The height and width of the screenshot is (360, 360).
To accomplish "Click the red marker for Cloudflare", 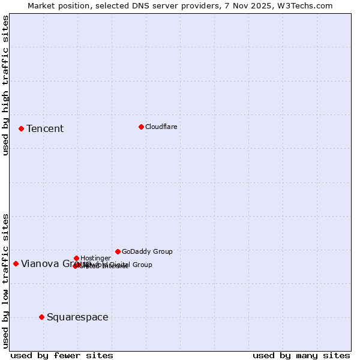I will click(x=141, y=127).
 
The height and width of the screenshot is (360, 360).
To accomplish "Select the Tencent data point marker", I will click(x=21, y=128).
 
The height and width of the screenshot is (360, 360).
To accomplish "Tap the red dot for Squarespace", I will click(x=41, y=317).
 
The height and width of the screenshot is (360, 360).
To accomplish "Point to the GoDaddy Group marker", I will click(x=118, y=251).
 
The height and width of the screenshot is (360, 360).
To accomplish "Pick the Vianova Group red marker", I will click(x=16, y=263).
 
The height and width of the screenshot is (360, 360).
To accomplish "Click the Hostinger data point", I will click(x=76, y=258).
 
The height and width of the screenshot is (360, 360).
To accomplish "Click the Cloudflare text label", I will click(x=161, y=127).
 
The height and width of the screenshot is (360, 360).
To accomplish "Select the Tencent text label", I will click(x=45, y=128).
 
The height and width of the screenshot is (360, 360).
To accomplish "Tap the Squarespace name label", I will click(x=77, y=317).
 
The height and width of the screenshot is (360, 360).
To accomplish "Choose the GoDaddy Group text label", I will click(x=147, y=251).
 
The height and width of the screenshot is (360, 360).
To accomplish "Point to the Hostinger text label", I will click(x=95, y=258).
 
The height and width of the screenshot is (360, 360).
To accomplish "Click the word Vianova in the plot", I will click(x=40, y=263).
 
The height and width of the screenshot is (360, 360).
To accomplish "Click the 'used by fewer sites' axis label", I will click(x=62, y=355).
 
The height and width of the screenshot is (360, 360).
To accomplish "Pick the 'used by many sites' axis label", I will click(x=301, y=355).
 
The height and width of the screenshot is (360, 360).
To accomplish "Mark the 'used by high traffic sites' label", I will click(x=5, y=85).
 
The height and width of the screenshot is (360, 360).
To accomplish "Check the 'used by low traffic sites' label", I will click(x=5, y=280).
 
